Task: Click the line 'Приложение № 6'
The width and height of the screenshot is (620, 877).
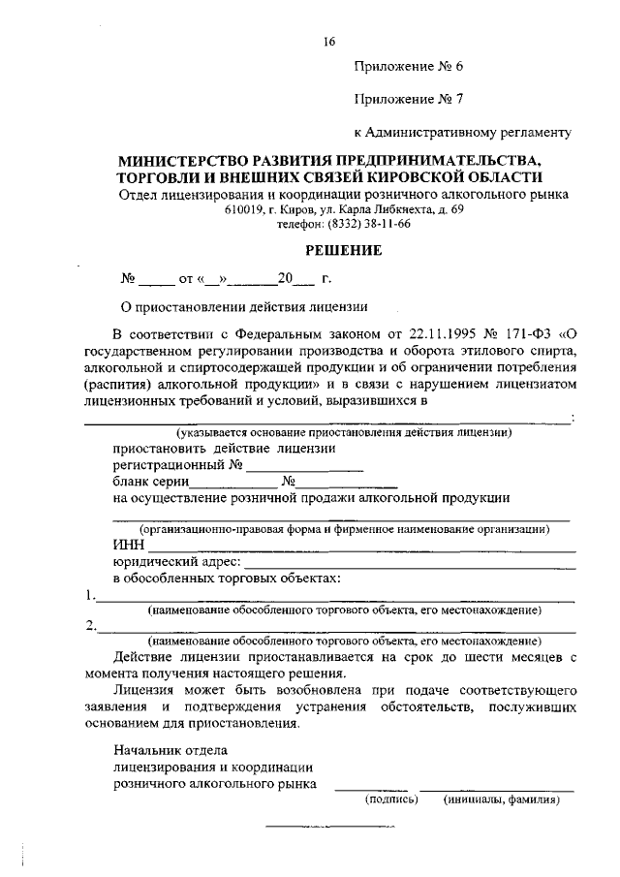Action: click(x=409, y=67)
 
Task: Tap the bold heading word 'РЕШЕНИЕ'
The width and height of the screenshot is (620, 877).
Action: click(x=344, y=251)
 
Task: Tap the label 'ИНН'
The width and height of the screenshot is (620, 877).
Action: click(x=128, y=547)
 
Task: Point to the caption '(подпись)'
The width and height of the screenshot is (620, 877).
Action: click(x=391, y=800)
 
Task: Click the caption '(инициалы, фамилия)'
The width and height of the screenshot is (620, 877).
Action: click(x=502, y=800)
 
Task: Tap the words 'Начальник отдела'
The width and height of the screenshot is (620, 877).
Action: click(x=170, y=750)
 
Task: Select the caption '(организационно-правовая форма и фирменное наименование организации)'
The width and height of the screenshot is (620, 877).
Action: click(x=344, y=530)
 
